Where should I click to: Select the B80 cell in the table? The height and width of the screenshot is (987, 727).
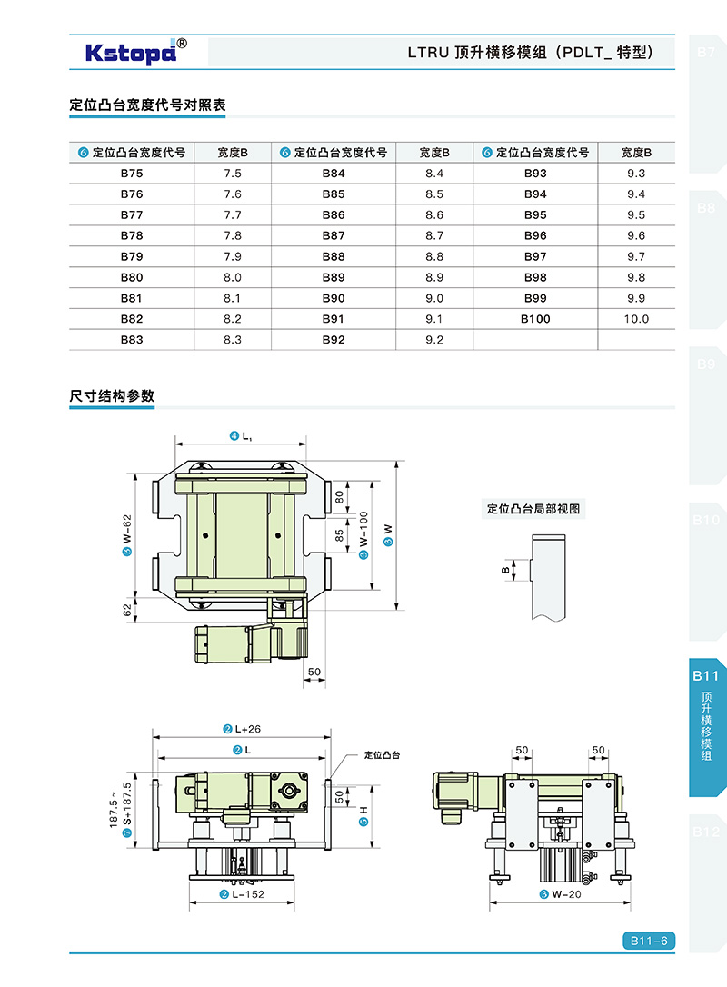132,277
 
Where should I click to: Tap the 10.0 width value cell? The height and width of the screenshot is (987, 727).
636,319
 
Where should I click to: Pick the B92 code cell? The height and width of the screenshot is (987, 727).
334,340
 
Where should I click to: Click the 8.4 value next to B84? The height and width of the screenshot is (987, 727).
434,173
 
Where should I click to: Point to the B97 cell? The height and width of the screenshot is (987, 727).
535,256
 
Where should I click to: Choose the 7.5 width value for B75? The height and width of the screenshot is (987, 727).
233,173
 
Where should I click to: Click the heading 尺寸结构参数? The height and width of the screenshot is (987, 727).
112,396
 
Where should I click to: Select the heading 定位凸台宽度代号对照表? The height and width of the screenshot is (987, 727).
147,105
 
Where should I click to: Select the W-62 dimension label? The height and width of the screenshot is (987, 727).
127,533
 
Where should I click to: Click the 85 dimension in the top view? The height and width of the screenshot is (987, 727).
340,535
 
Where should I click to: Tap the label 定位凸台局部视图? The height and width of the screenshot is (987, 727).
533,509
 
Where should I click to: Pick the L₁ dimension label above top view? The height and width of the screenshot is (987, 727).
242,436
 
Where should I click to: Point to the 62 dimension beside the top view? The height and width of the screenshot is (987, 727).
127,610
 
